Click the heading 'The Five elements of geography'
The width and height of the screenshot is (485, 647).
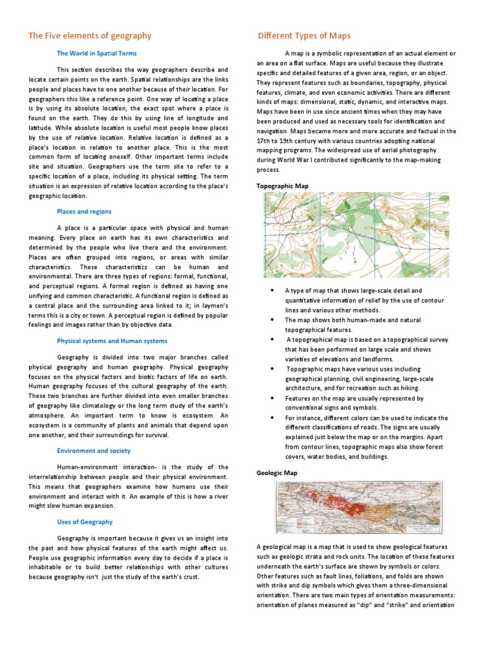click(90, 36)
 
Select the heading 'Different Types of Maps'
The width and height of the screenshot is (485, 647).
click(304, 36)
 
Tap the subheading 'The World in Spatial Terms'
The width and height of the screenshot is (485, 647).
click(97, 54)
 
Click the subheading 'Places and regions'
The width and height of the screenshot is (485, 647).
click(84, 212)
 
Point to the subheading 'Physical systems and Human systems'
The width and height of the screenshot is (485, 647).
click(112, 341)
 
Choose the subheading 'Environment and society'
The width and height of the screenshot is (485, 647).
click(93, 451)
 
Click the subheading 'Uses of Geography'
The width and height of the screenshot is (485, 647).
click(85, 522)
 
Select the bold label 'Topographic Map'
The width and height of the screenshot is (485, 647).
click(282, 186)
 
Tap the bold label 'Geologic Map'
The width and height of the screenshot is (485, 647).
click(277, 473)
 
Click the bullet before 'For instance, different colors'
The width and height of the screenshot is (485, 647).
click(271, 418)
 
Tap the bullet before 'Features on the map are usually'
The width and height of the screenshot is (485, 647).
click(271, 399)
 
